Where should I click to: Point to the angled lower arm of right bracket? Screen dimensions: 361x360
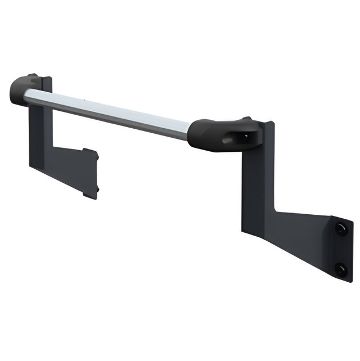point(298,236)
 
